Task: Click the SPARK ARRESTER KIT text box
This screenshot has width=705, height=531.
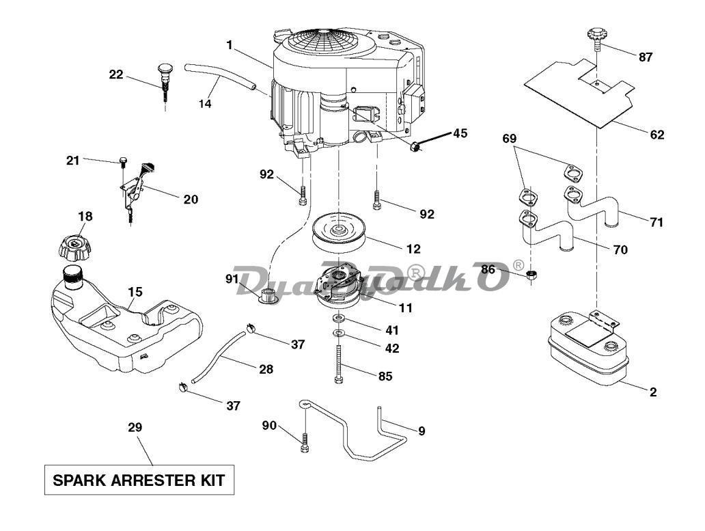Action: pos(139,480)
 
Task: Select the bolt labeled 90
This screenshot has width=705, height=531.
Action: pos(305,443)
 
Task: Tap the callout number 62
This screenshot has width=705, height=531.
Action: pos(657,135)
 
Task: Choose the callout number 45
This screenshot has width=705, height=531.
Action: pos(460,133)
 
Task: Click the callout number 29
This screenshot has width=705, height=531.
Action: pos(135,427)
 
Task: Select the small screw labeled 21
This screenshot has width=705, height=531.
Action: pos(122,160)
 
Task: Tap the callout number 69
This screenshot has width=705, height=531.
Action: pos(510,139)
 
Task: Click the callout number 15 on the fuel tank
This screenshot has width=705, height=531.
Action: pos(135,292)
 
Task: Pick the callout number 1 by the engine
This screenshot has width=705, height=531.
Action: pos(230,45)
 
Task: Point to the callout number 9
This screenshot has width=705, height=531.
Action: pos(421,431)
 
